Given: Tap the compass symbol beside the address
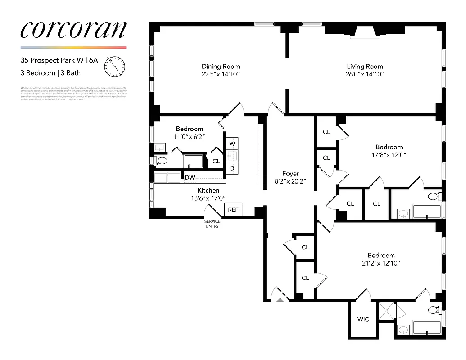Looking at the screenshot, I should tap(114, 66).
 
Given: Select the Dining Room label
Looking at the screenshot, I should tap(221, 67).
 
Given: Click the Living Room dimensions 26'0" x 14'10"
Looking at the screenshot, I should tap(365, 74).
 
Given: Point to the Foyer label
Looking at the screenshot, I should tap(290, 174).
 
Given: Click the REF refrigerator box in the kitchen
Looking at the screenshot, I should tap(233, 210).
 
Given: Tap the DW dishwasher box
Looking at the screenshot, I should tap(190, 178).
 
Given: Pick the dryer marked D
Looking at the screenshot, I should tap(232, 168).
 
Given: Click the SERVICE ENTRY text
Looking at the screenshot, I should tap(212, 224).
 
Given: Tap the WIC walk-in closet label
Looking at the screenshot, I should tap(363, 319).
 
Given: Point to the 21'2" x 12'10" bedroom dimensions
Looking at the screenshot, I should tap(381, 263).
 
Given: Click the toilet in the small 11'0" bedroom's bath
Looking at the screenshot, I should tap(161, 161).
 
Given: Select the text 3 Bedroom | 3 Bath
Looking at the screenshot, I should tap(50, 73).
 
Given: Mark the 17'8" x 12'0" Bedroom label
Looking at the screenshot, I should tap(389, 147).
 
